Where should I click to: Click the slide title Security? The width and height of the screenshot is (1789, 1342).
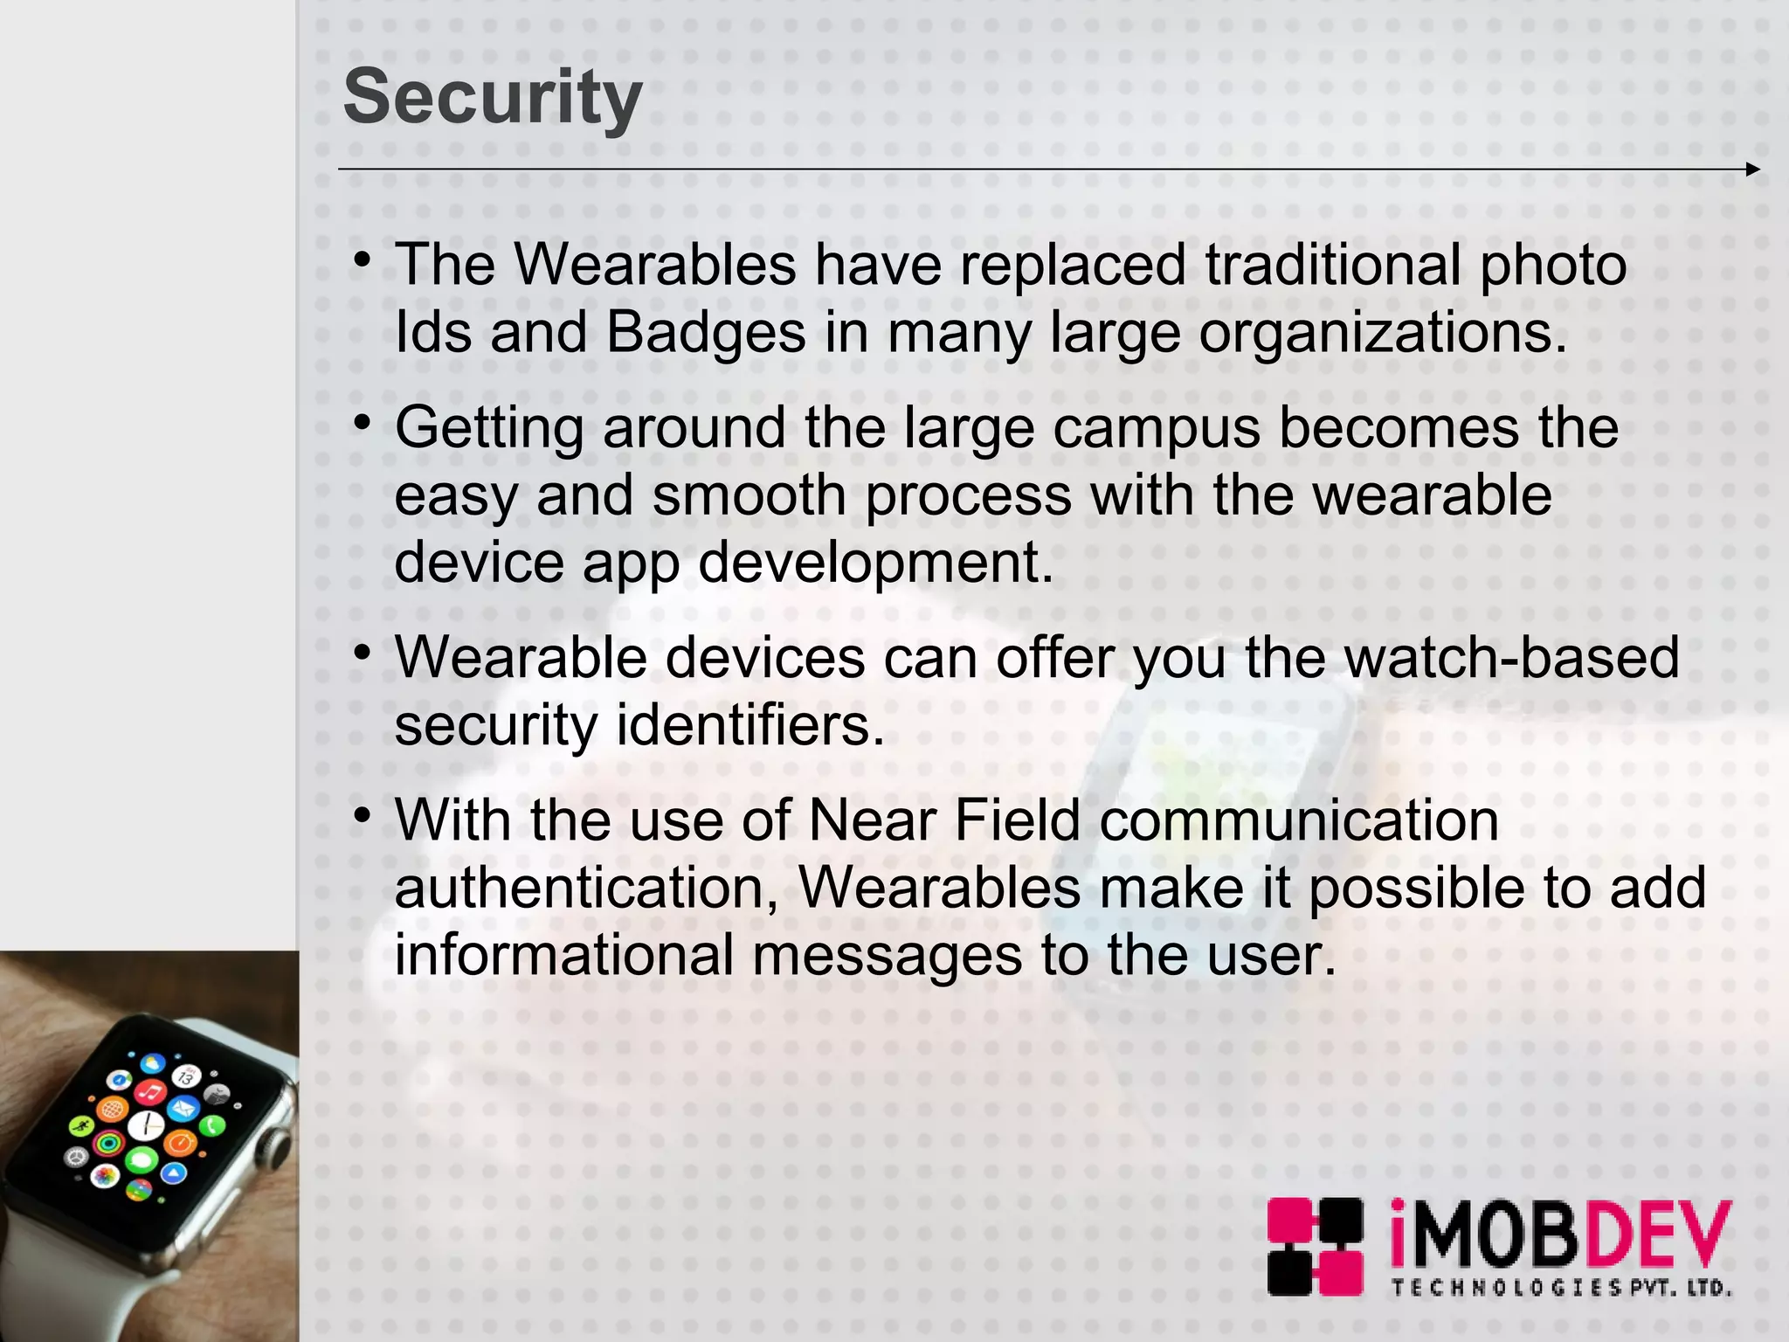pyautogui.click(x=493, y=98)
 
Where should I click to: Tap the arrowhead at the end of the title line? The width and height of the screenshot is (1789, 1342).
pyautogui.click(x=1752, y=169)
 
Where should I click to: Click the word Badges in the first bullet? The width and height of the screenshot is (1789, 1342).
pyautogui.click(x=706, y=333)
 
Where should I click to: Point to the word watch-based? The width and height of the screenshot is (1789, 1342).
pyautogui.click(x=1512, y=657)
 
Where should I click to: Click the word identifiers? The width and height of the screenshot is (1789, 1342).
pyautogui.click(x=751, y=725)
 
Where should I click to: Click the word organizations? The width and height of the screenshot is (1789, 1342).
pyautogui.click(x=1383, y=333)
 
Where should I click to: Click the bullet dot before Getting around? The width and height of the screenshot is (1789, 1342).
pyautogui.click(x=363, y=423)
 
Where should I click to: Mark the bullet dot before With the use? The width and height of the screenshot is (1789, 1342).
pyautogui.click(x=363, y=816)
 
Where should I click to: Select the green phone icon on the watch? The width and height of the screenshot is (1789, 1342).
pyautogui.click(x=212, y=1125)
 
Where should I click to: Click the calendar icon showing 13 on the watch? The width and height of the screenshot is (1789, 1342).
pyautogui.click(x=185, y=1077)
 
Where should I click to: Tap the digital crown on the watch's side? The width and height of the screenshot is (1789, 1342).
pyautogui.click(x=278, y=1145)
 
